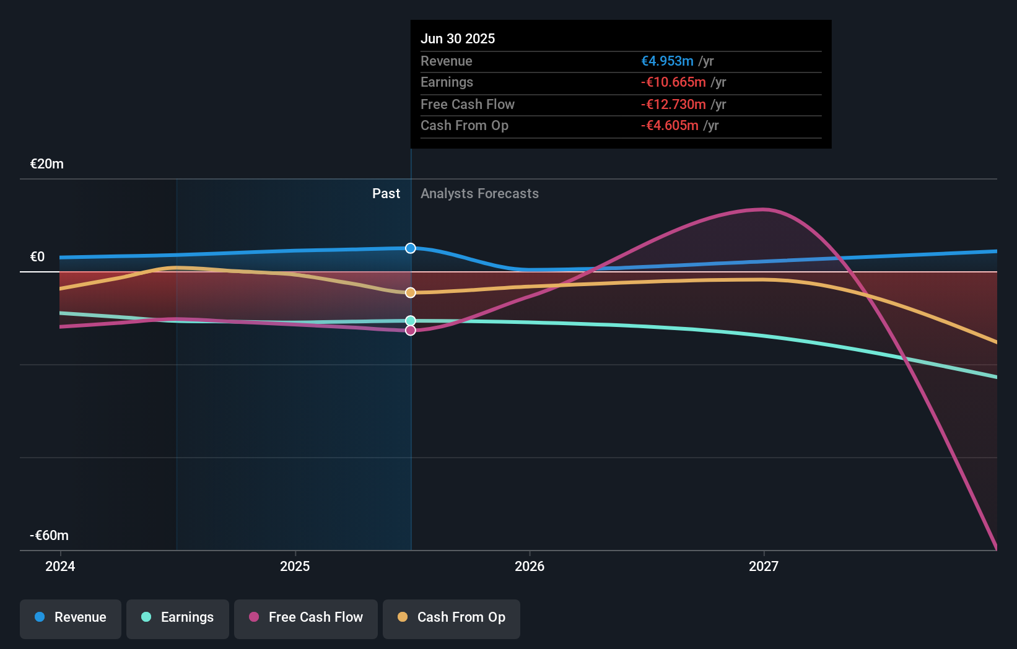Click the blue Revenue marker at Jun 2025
click(x=411, y=248)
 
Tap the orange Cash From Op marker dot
click(x=411, y=292)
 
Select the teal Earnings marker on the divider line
click(x=411, y=321)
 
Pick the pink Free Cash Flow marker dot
click(x=411, y=331)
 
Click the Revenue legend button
click(x=71, y=617)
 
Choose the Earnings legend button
click(x=178, y=617)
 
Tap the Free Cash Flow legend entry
click(x=306, y=617)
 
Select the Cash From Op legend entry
click(x=452, y=617)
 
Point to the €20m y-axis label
click(x=47, y=164)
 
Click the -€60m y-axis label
click(x=50, y=536)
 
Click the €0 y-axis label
click(x=38, y=257)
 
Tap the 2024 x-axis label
click(x=60, y=567)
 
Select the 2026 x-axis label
click(x=530, y=567)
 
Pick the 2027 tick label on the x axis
click(x=764, y=567)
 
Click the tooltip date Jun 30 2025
click(x=458, y=39)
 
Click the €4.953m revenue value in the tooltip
click(x=667, y=61)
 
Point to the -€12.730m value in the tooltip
click(x=673, y=105)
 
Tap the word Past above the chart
click(x=386, y=194)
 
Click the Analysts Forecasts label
click(x=479, y=194)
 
